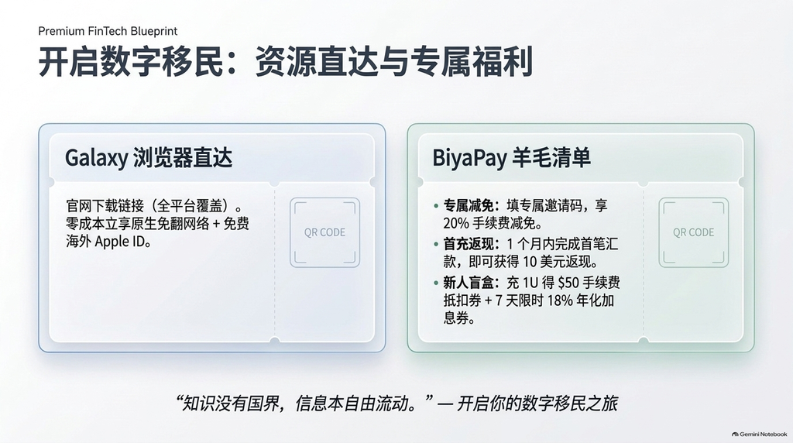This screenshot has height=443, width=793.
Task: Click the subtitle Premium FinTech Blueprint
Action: pyautogui.click(x=108, y=31)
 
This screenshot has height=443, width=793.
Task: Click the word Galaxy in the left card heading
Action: pyautogui.click(x=96, y=158)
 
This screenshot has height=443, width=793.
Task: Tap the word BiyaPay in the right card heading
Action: pyautogui.click(x=469, y=158)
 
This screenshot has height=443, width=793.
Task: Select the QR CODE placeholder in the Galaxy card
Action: pyautogui.click(x=324, y=232)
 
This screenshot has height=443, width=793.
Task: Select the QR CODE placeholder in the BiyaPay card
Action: pyautogui.click(x=693, y=232)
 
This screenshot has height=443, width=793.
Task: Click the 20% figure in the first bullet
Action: pyautogui.click(x=455, y=224)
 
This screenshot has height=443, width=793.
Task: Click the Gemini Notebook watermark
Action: pyautogui.click(x=759, y=434)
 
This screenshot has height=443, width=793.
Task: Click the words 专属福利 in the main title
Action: pyautogui.click(x=472, y=62)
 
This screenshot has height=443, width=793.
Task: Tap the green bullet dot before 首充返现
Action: pyautogui.click(x=436, y=245)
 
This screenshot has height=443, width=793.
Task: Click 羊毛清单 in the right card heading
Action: pyautogui.click(x=551, y=158)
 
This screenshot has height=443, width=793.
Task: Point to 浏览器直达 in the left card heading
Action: pyautogui.click(x=183, y=158)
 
